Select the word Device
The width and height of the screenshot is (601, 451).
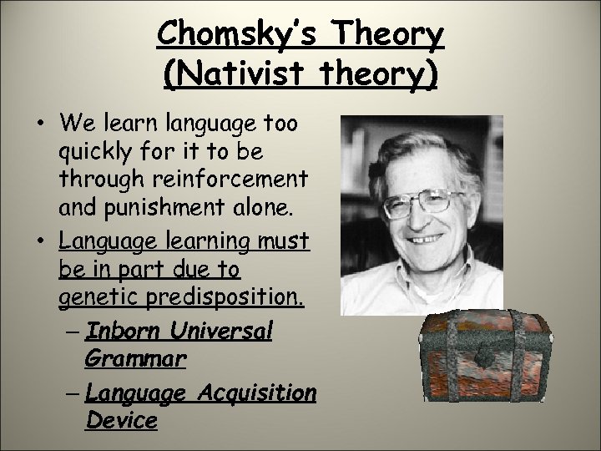[120, 420]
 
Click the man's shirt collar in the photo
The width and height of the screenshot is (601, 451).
[392, 292]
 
